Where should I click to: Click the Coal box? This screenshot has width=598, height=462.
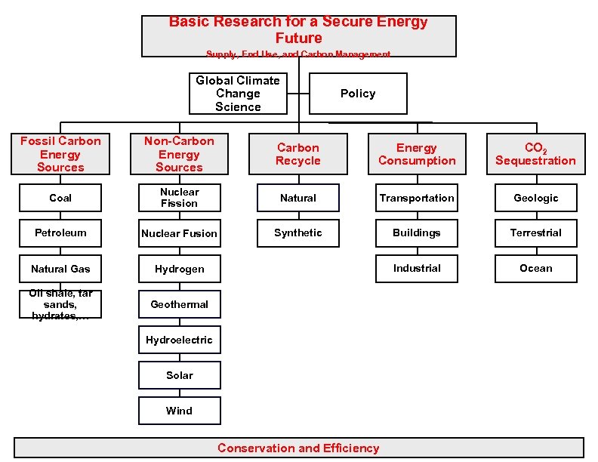tap(60, 198)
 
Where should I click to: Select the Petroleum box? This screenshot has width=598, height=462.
tap(60, 233)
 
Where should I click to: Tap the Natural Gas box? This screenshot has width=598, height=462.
tap(60, 269)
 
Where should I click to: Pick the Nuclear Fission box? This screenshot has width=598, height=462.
tap(180, 198)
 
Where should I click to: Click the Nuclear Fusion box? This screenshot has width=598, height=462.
tap(180, 233)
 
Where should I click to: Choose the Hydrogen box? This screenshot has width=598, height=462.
tap(180, 269)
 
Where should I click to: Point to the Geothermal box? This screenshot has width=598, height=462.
tap(180, 304)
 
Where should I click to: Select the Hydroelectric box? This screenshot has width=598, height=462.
tap(180, 340)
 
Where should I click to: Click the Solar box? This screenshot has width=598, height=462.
tap(180, 375)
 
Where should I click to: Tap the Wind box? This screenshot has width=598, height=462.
tap(180, 411)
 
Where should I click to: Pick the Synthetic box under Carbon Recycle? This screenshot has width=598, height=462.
tap(298, 233)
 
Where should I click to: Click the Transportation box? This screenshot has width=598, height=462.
tap(417, 198)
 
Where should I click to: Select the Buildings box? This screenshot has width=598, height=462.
tap(417, 233)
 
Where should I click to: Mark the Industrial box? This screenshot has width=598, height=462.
tap(417, 268)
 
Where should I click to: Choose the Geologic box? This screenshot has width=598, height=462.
tap(536, 198)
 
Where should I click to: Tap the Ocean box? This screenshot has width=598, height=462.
tap(536, 268)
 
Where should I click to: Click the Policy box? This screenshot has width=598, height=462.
tap(358, 94)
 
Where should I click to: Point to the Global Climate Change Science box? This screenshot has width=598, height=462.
tap(238, 94)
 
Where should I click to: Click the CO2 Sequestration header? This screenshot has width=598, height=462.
tap(536, 154)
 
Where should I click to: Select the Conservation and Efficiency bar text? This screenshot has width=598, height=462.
tap(298, 448)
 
